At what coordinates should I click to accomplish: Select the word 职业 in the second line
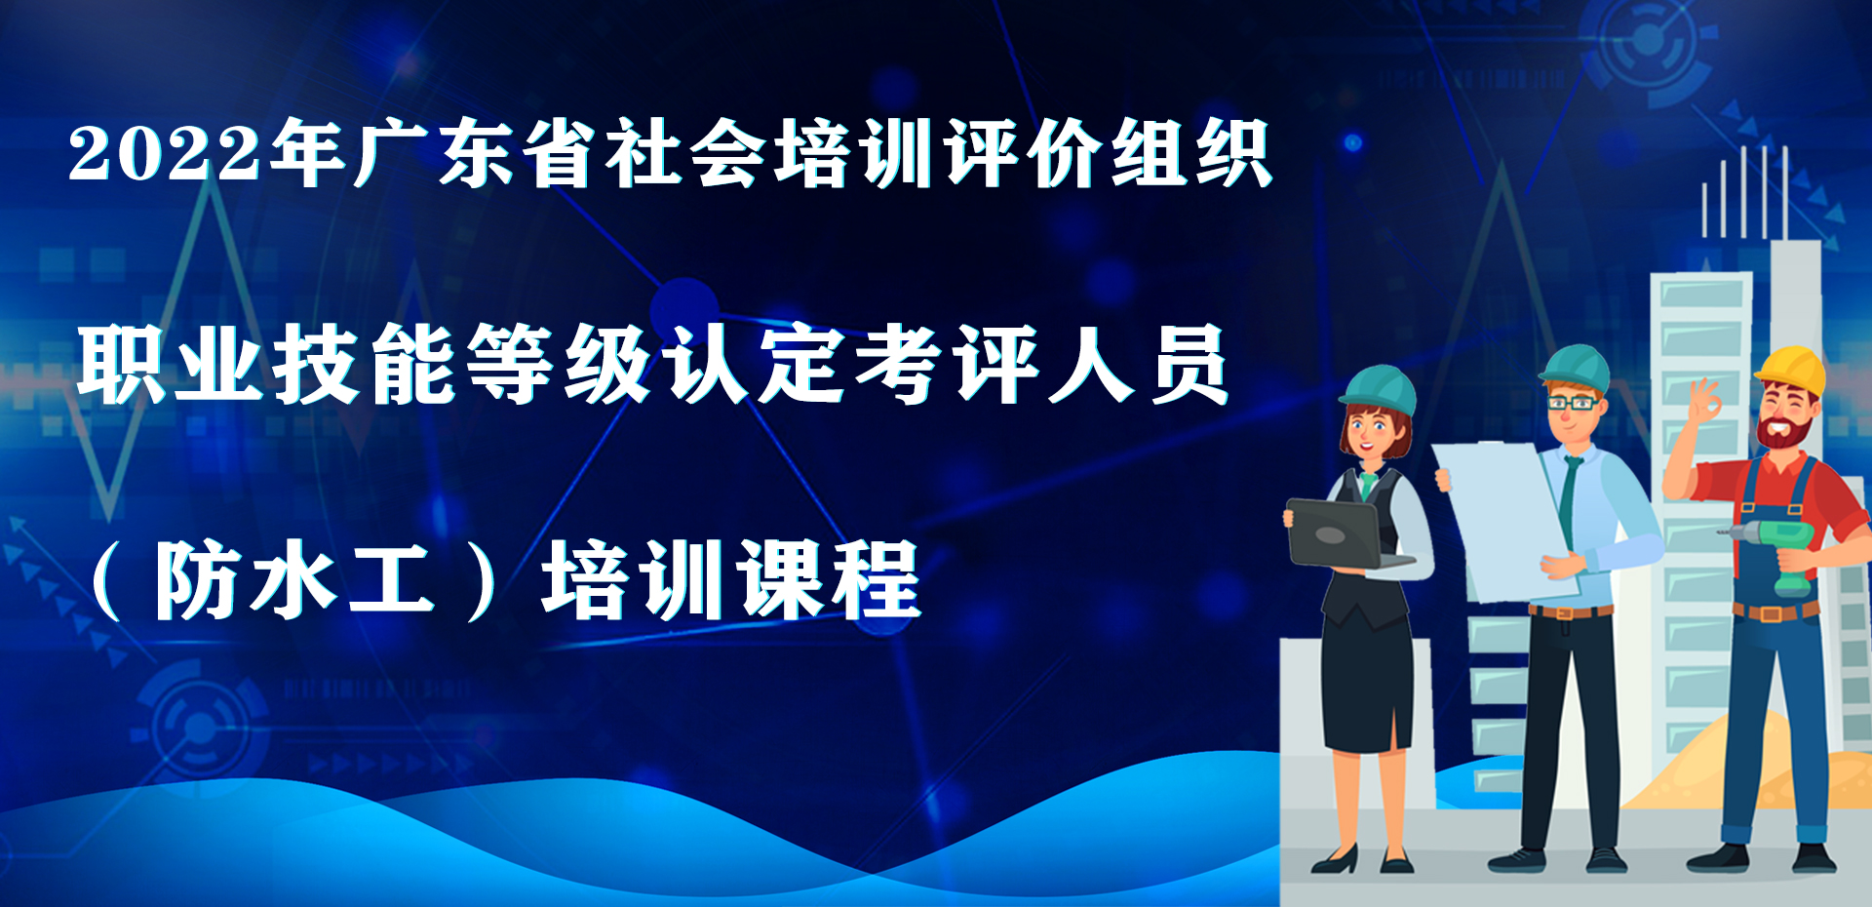pyautogui.click(x=172, y=364)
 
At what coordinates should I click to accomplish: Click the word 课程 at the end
pyautogui.click(x=828, y=581)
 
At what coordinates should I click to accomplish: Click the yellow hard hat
pyautogui.click(x=1792, y=372)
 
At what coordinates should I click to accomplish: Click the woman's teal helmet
pyautogui.click(x=1379, y=388)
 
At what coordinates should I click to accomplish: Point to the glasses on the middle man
pyautogui.click(x=1572, y=402)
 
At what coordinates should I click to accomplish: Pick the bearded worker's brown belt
pyautogui.click(x=1774, y=611)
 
